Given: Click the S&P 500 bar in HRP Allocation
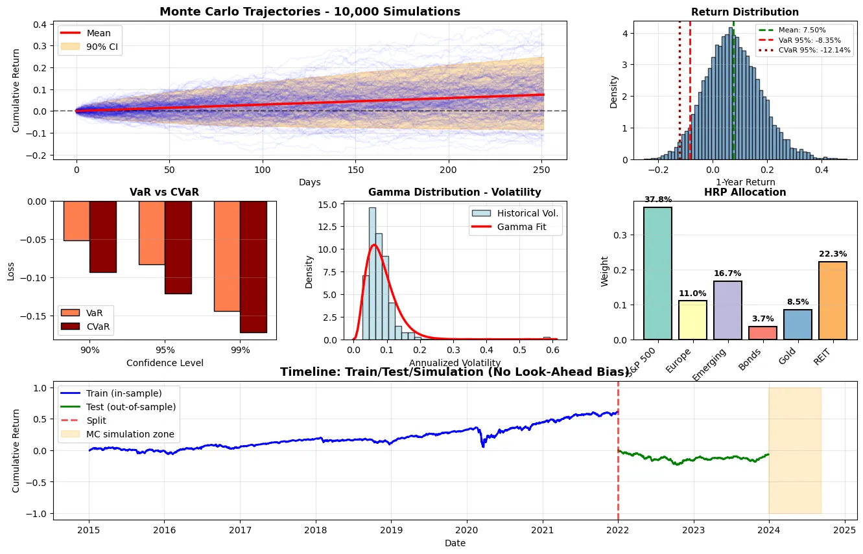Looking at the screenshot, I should [657, 273].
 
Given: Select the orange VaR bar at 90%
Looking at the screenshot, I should [77, 221].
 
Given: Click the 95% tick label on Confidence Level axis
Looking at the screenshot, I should [165, 351].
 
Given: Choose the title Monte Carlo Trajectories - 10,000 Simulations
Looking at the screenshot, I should [309, 12].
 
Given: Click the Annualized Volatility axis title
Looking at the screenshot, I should [455, 363].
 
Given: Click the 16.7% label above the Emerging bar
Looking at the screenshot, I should [727, 273].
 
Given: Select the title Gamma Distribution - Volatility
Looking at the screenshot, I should [455, 192].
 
